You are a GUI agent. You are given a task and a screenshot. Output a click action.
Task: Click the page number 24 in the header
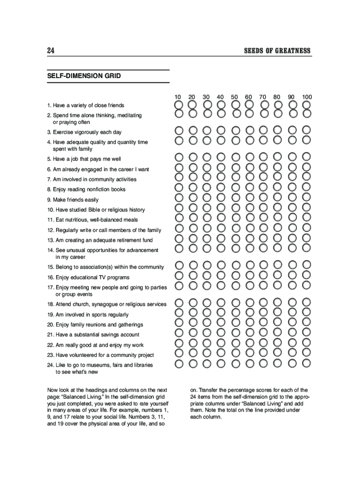click(x=50, y=51)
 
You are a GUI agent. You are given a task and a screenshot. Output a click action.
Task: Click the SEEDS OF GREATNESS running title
click(x=277, y=51)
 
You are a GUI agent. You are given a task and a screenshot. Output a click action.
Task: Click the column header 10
click(x=178, y=97)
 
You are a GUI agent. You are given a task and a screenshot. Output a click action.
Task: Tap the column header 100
click(x=307, y=97)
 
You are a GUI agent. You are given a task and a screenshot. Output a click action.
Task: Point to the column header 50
click(x=235, y=97)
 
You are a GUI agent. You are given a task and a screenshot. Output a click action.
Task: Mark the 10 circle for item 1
click(x=179, y=104)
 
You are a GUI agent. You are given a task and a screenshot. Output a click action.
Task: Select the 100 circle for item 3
click(x=307, y=130)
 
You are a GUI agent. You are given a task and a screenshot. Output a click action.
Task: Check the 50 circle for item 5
click(x=236, y=157)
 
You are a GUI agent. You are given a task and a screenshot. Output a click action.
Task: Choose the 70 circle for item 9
click(x=265, y=198)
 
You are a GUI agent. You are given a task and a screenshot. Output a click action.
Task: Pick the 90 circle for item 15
click(x=293, y=265)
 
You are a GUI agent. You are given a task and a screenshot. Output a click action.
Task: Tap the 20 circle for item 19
click(x=193, y=313)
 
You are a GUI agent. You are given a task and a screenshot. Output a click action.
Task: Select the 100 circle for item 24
click(x=307, y=363)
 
